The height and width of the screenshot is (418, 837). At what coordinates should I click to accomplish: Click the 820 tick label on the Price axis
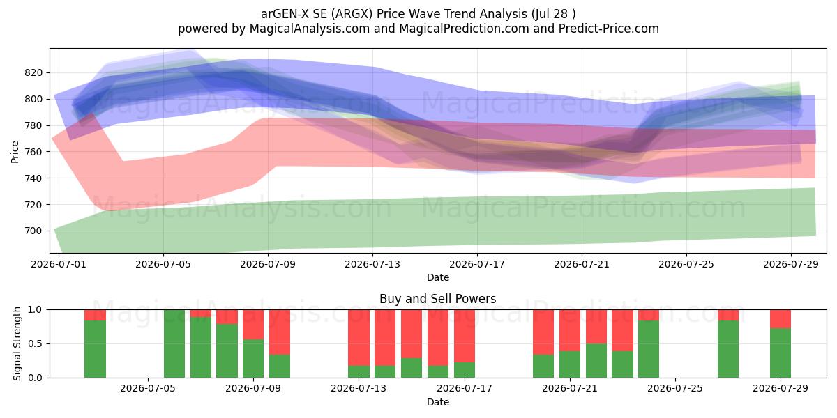pyautogui.click(x=33, y=72)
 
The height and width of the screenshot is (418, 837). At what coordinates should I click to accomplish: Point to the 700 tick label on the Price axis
pyautogui.click(x=33, y=231)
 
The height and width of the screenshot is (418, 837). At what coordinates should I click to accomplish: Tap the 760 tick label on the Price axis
pyautogui.click(x=33, y=152)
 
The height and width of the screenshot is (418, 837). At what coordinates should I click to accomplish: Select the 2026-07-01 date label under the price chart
pyautogui.click(x=59, y=264)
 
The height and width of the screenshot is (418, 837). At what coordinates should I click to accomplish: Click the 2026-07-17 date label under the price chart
pyautogui.click(x=477, y=264)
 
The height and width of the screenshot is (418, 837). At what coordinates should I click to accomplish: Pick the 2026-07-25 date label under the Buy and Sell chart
pyautogui.click(x=675, y=388)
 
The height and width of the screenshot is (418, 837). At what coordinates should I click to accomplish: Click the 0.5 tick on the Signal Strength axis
pyautogui.click(x=35, y=343)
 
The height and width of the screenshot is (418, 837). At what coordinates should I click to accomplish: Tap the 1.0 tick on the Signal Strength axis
pyautogui.click(x=35, y=310)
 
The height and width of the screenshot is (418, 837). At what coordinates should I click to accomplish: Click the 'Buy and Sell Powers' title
pyautogui.click(x=437, y=299)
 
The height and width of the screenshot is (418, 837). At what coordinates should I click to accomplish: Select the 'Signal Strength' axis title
pyautogui.click(x=17, y=343)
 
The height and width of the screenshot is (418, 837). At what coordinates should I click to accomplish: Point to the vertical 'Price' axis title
pyautogui.click(x=15, y=152)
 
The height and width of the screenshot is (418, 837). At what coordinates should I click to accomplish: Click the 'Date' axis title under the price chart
pyautogui.click(x=437, y=277)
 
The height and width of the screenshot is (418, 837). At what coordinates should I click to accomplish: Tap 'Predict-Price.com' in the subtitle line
pyautogui.click(x=608, y=29)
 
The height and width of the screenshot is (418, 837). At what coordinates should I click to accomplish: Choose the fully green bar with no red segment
pyautogui.click(x=174, y=343)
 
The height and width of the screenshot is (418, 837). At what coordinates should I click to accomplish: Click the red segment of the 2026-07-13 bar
pyautogui.click(x=359, y=337)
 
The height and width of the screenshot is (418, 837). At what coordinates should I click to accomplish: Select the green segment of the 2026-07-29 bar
pyautogui.click(x=781, y=353)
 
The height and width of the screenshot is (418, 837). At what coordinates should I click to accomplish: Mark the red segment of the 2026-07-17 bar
pyautogui.click(x=465, y=336)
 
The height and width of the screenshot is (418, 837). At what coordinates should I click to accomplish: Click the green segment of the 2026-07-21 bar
pyautogui.click(x=570, y=364)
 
